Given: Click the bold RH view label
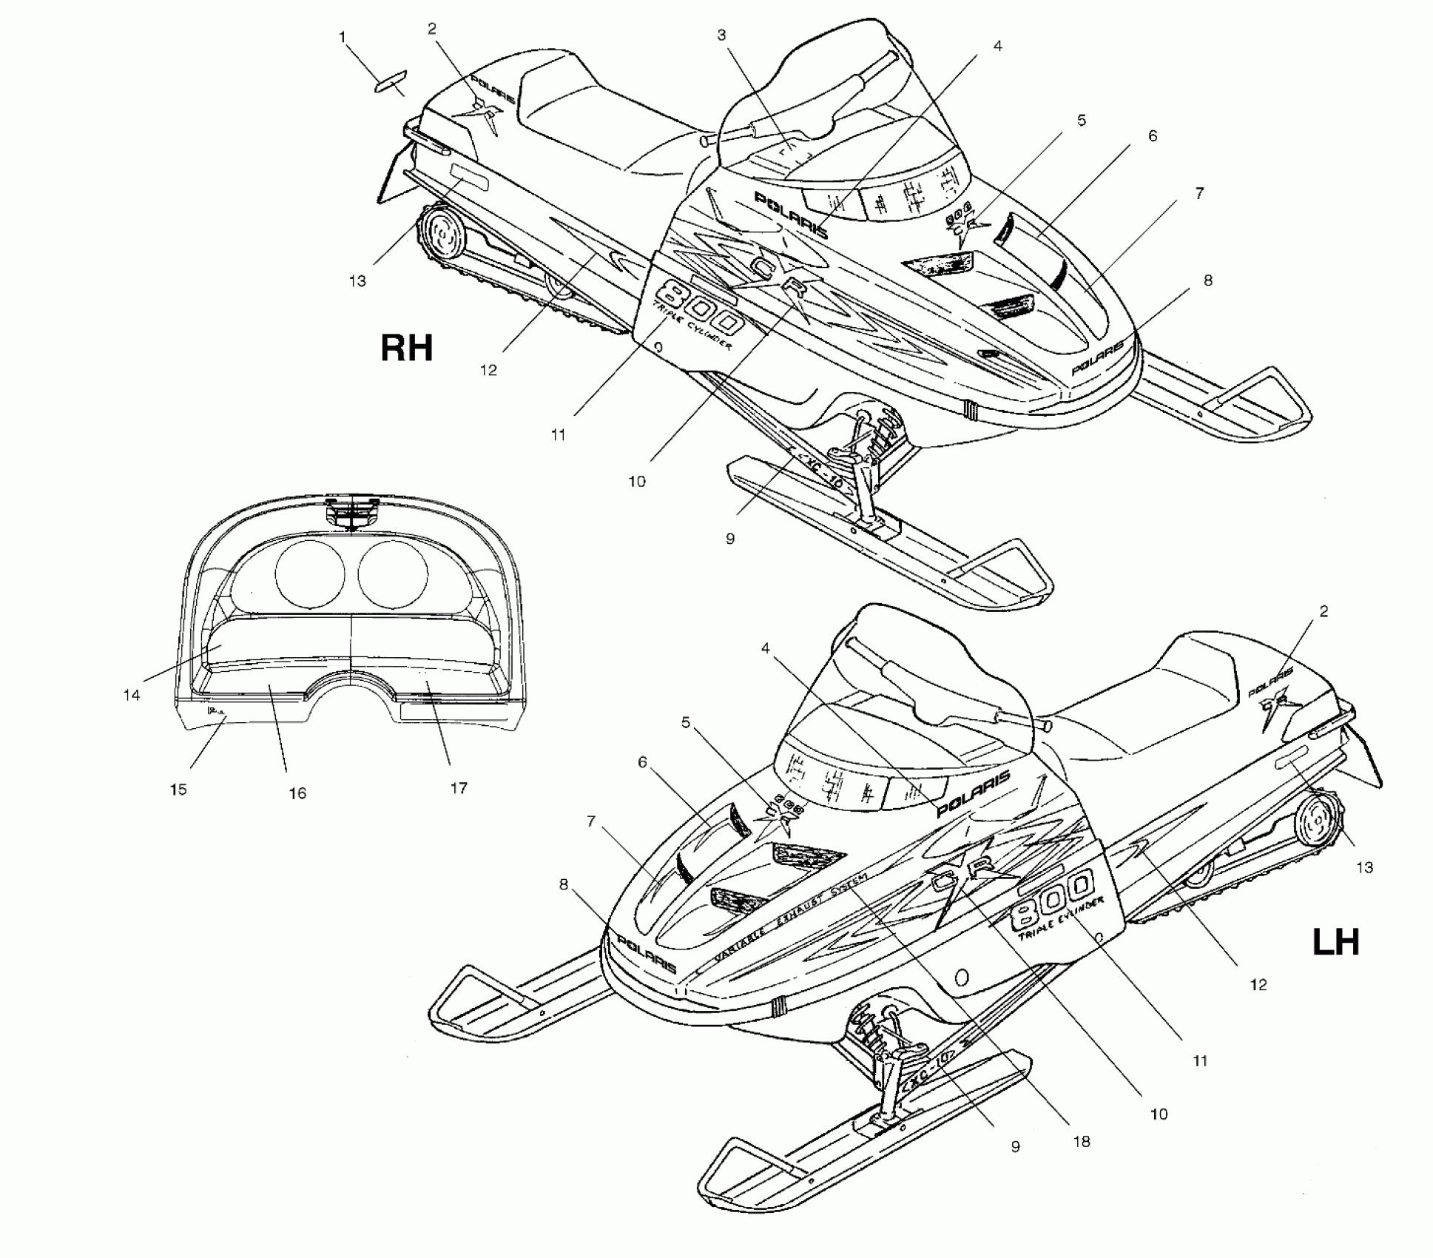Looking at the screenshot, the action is (x=406, y=348).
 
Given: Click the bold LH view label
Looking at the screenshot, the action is (x=1335, y=943).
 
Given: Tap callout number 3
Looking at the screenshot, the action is (x=721, y=35).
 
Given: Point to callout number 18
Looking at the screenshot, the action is (x=1082, y=1141).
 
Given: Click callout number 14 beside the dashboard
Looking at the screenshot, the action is (x=132, y=695).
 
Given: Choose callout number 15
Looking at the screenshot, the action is (x=178, y=790).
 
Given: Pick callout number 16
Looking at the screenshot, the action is (x=297, y=793).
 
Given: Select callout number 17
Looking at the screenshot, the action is (x=459, y=788).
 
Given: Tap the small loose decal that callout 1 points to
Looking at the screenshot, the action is (x=390, y=81).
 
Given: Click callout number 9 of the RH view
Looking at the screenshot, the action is (x=730, y=539).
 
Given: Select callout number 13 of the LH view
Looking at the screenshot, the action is (x=1364, y=867).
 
